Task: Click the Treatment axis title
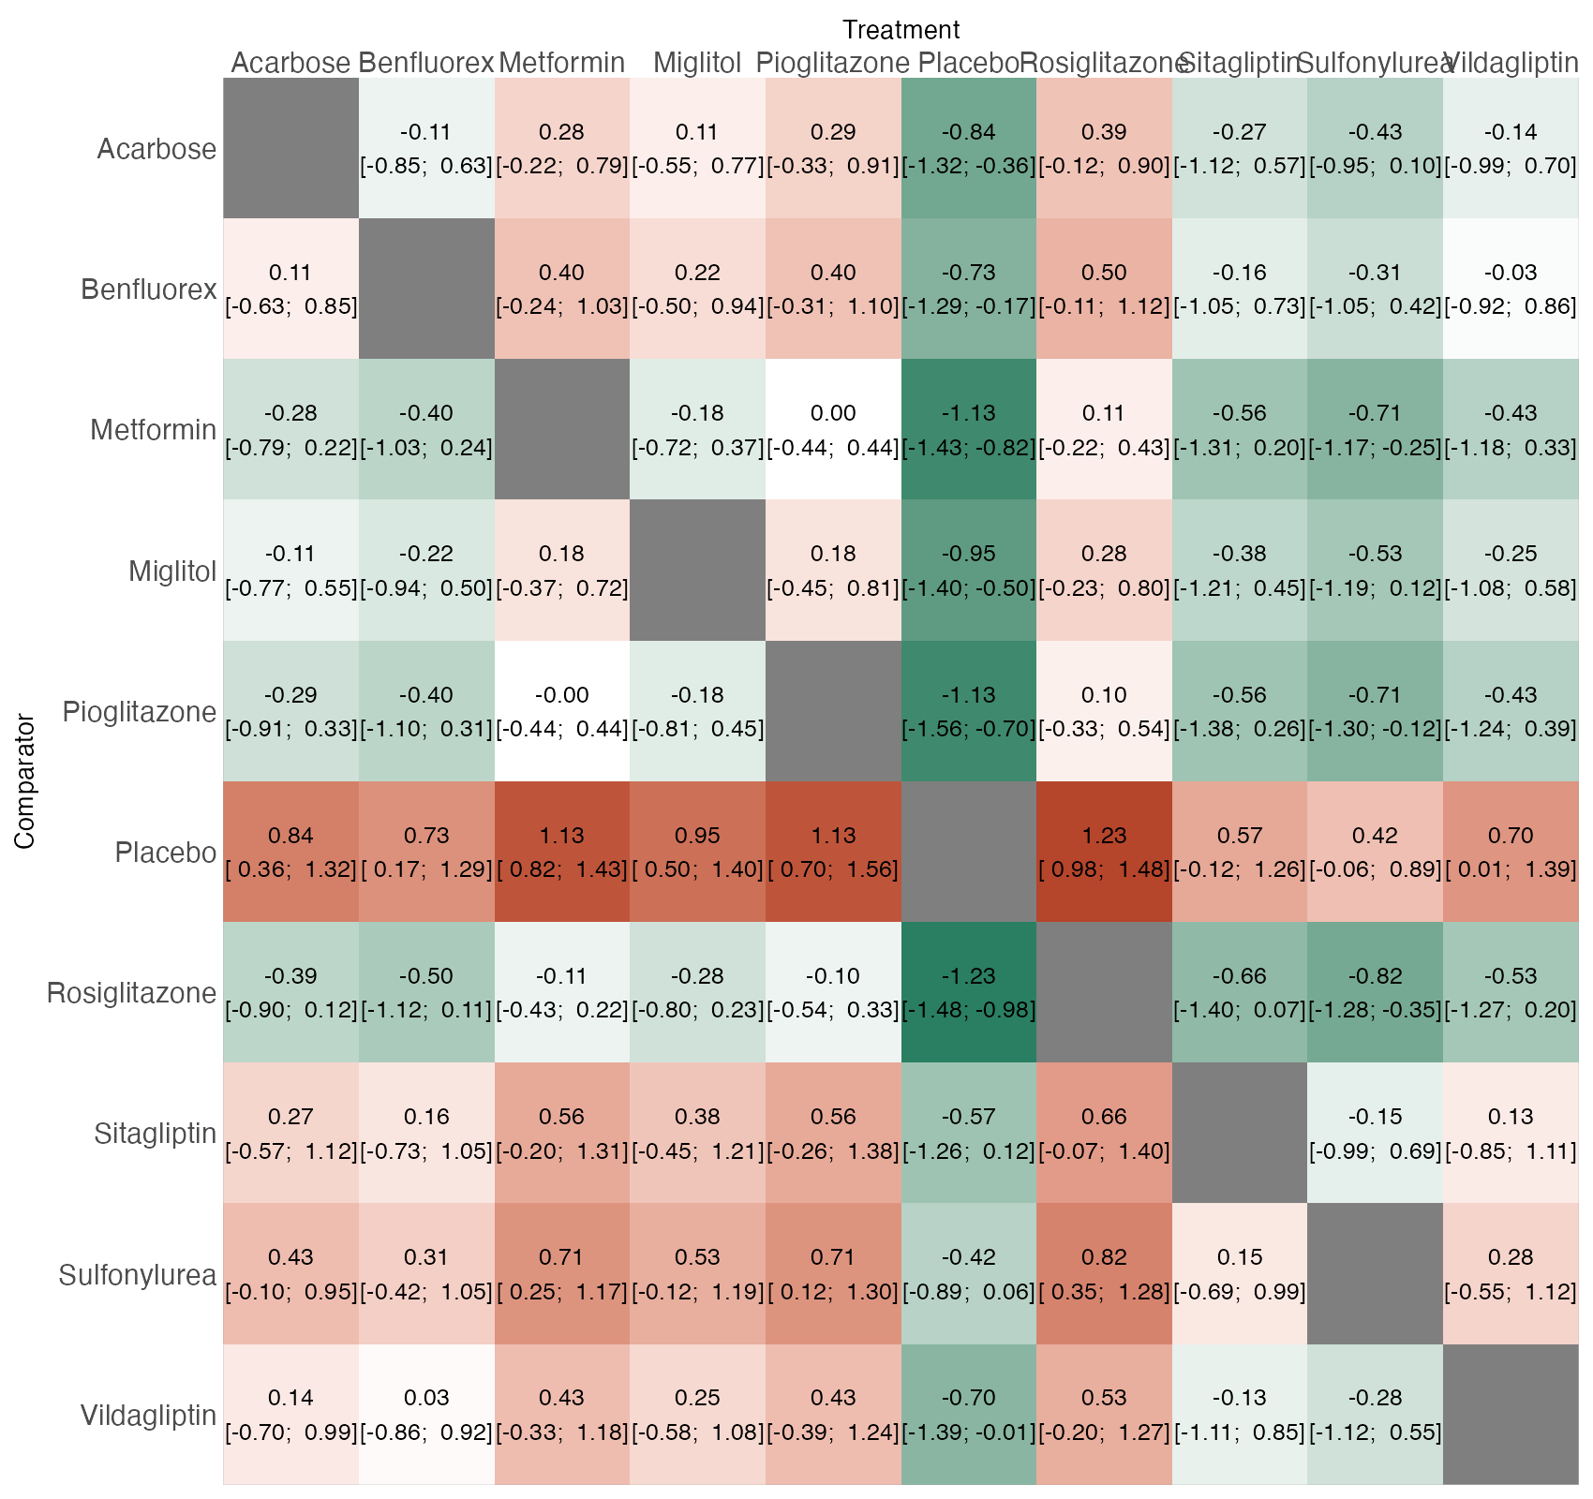click(901, 30)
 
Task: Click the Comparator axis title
click(25, 781)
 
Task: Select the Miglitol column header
click(697, 63)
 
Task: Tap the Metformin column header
click(562, 63)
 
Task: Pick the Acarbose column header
click(290, 63)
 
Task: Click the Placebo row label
click(166, 853)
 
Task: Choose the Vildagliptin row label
click(149, 1415)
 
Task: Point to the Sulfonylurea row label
click(138, 1274)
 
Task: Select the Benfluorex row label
click(149, 289)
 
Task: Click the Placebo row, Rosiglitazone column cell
click(1104, 852)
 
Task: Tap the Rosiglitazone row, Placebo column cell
click(969, 992)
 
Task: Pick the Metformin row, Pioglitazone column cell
click(833, 429)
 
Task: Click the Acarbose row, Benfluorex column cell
click(426, 148)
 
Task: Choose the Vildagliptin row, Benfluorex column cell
click(426, 1415)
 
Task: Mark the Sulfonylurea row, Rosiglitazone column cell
click(1104, 1273)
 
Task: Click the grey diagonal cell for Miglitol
click(697, 571)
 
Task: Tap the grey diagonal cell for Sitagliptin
click(1240, 1133)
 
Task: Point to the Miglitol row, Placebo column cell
click(969, 571)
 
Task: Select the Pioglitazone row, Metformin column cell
click(562, 711)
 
